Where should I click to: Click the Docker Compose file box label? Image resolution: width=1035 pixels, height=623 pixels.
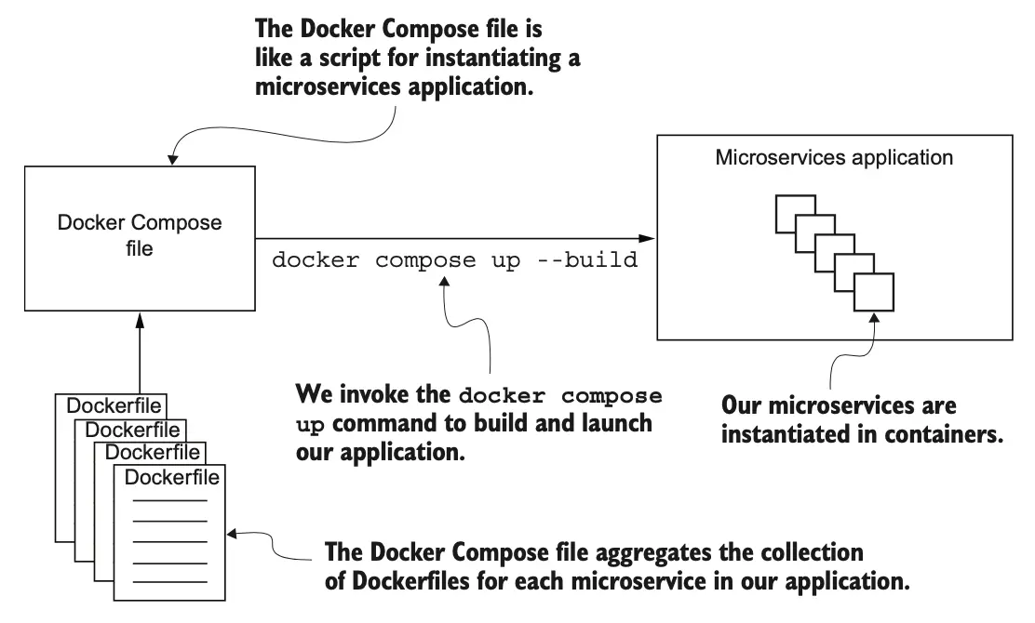point(140,236)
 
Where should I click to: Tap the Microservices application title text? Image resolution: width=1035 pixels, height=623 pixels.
point(834,158)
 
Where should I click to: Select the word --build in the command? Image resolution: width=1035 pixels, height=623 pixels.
point(590,259)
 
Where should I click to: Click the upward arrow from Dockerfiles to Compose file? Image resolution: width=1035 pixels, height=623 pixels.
point(139,353)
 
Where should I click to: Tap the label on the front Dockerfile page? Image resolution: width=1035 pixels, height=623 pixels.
point(171,478)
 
